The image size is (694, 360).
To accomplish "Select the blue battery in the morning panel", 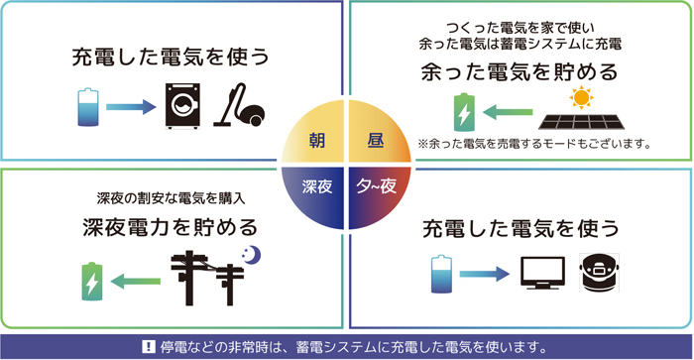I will (88, 106).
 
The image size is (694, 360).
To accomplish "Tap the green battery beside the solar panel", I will (462, 113).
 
